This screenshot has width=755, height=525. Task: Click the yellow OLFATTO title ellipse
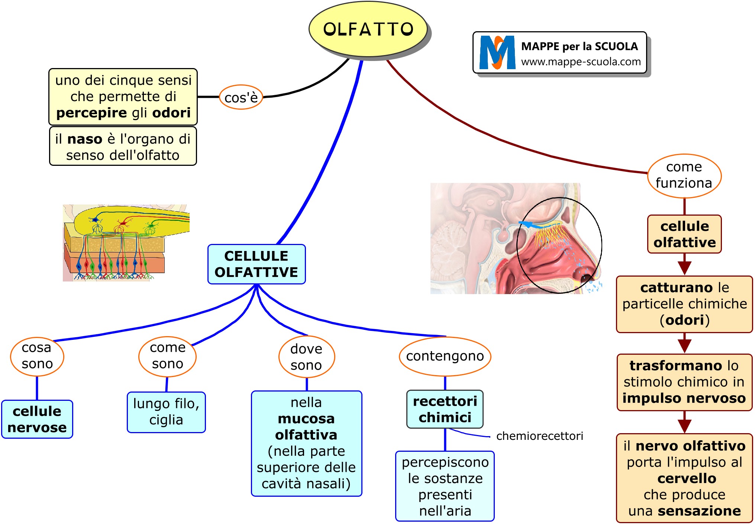368,29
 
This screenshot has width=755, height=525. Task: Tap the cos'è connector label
241,97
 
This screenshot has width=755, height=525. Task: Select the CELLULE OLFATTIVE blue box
256,264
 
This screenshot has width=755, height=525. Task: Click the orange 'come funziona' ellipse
684,175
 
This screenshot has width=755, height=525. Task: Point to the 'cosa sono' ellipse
37,356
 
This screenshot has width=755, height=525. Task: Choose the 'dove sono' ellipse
306,357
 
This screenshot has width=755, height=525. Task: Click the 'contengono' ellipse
445,356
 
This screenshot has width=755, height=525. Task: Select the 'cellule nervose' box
37,419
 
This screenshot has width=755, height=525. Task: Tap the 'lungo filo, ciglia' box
166,412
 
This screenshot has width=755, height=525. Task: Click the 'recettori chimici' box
445,409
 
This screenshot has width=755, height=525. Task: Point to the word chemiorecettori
539,436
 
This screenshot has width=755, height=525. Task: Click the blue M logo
497,52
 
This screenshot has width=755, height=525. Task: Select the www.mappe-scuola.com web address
581,62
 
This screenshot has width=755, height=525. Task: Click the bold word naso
84,139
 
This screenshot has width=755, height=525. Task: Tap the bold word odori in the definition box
171,113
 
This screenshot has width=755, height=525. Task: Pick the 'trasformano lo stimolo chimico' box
684,382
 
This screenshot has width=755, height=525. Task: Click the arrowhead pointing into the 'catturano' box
684,267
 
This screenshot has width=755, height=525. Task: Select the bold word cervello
687,479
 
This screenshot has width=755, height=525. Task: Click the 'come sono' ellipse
167,356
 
